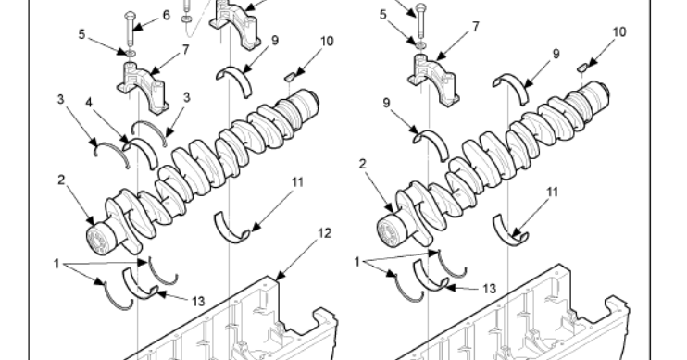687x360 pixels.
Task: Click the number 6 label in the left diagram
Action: (167, 16)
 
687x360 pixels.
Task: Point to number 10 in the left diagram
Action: (327, 41)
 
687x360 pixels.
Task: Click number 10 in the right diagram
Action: (619, 31)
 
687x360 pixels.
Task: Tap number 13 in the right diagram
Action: (489, 289)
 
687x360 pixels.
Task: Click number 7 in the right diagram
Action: (476, 27)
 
